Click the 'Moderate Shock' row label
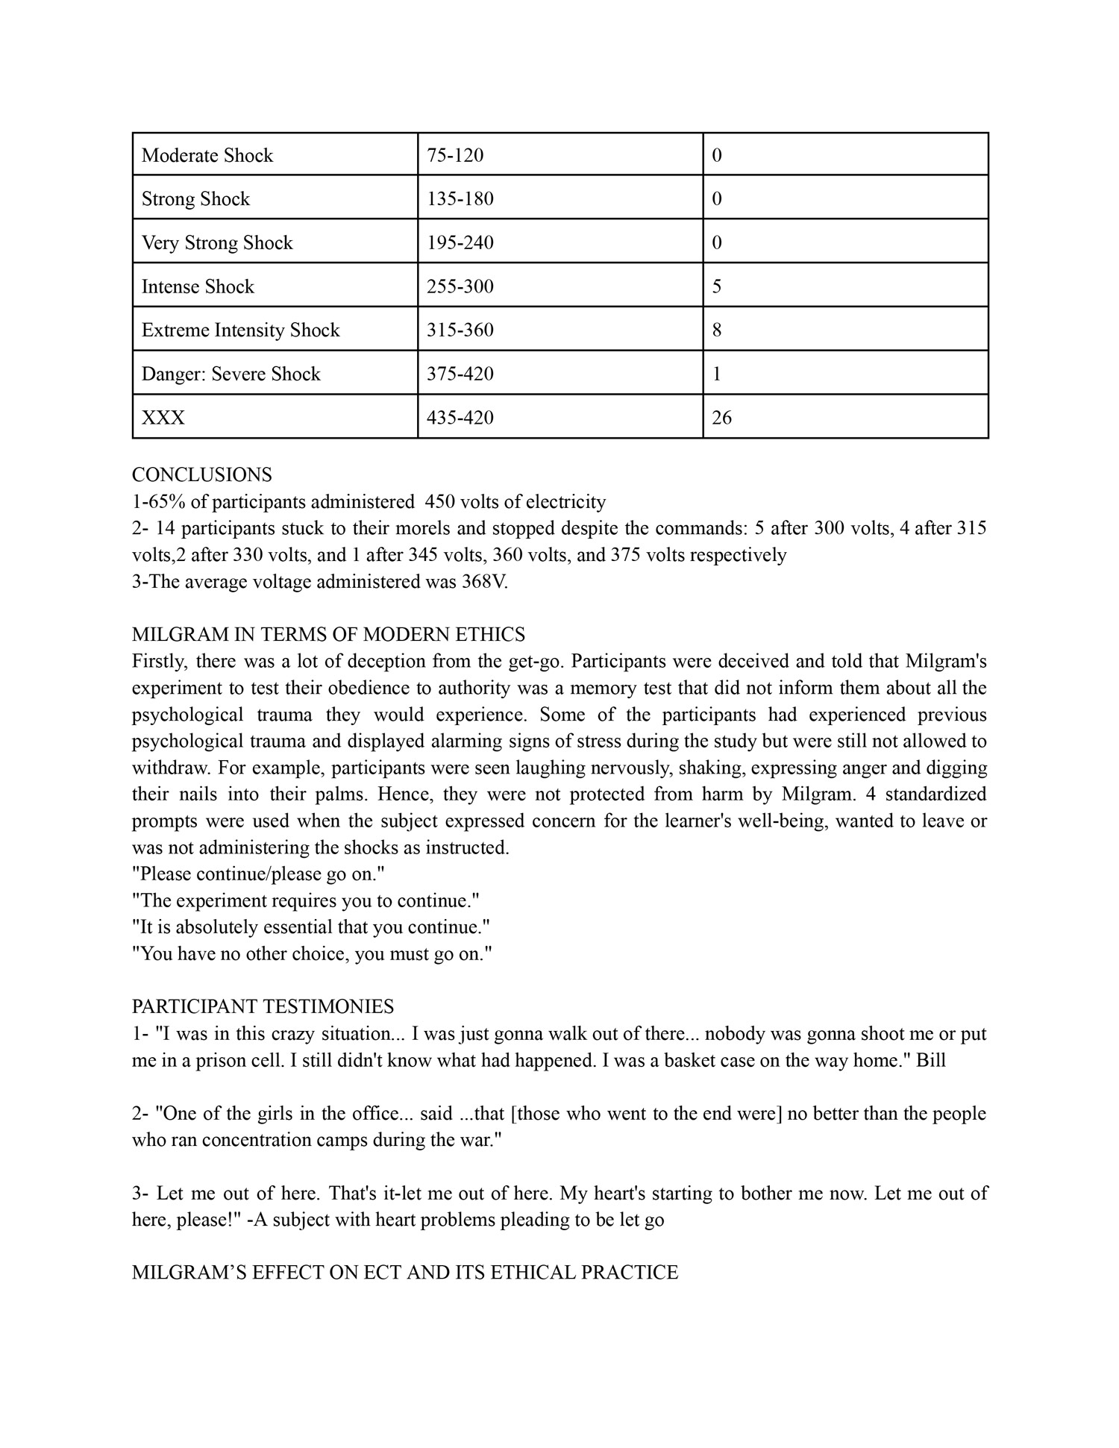coord(207,155)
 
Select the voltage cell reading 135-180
coord(460,198)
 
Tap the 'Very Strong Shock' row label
coord(217,242)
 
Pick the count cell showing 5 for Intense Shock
coord(717,286)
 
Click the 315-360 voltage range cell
coord(460,330)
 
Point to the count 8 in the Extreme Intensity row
coord(717,330)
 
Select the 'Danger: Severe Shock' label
coord(231,374)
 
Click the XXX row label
coord(163,418)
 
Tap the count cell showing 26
coord(722,418)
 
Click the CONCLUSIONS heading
coord(202,474)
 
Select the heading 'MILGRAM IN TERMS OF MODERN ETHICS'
coord(328,635)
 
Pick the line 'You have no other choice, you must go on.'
coord(313,953)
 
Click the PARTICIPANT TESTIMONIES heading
coord(263,1007)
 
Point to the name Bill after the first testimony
coord(931,1060)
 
